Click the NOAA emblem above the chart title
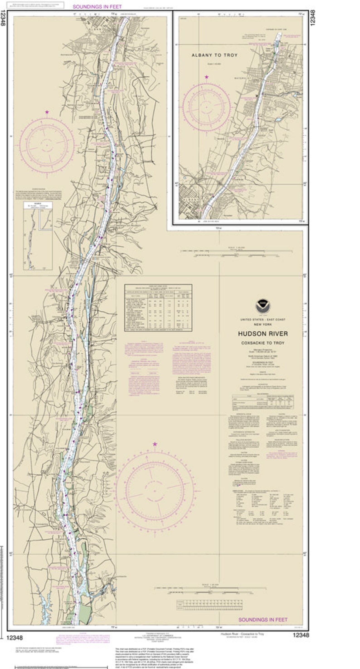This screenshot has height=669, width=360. pyautogui.click(x=263, y=306)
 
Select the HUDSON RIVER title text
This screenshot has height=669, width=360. pyautogui.click(x=263, y=334)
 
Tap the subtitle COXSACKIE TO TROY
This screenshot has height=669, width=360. pyautogui.click(x=263, y=343)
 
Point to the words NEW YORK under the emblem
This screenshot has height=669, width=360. pyautogui.click(x=263, y=324)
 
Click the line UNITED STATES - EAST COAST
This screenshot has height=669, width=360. pyautogui.click(x=263, y=320)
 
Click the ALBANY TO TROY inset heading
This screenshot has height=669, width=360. pyautogui.click(x=214, y=55)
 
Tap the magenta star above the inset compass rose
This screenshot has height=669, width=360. pyautogui.click(x=207, y=77)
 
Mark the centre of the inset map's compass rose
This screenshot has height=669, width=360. pyautogui.click(x=207, y=107)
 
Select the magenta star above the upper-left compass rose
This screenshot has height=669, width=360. pyautogui.click(x=47, y=112)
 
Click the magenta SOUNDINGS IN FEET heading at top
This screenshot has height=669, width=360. pyautogui.click(x=97, y=7)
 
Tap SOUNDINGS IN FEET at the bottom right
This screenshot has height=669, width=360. pyautogui.click(x=263, y=620)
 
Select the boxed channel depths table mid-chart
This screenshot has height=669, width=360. pyautogui.click(x=158, y=308)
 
